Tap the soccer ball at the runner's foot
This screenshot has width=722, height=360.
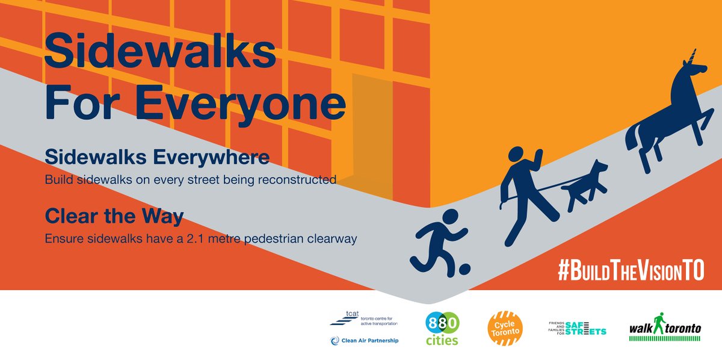[x=463, y=268]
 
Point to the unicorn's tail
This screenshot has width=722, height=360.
[x=632, y=138]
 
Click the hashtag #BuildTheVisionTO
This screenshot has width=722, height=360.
[x=630, y=271]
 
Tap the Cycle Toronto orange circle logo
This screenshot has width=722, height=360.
[x=505, y=328]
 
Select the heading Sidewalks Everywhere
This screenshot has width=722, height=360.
[x=157, y=158]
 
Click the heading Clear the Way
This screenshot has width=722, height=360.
[x=114, y=216]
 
